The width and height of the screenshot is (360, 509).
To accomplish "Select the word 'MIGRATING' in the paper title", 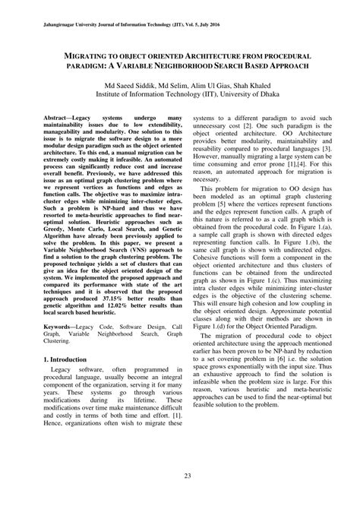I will coord(96,56).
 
